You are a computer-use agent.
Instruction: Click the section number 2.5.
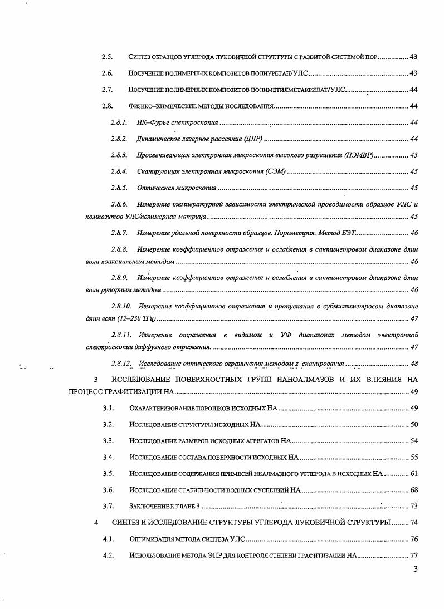point(107,57)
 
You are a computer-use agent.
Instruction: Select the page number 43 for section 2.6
point(413,73)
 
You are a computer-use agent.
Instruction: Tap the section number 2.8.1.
point(119,122)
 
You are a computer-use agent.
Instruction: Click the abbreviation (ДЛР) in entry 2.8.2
point(253,139)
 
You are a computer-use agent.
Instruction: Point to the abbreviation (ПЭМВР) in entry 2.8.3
point(359,155)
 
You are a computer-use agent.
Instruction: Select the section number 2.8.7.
point(119,232)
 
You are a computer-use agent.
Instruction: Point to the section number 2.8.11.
point(121,335)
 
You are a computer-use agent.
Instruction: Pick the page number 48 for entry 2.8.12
point(413,364)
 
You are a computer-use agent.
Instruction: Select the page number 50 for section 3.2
point(413,425)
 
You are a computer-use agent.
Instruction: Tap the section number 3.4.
point(108,458)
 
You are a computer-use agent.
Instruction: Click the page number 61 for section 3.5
point(413,474)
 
